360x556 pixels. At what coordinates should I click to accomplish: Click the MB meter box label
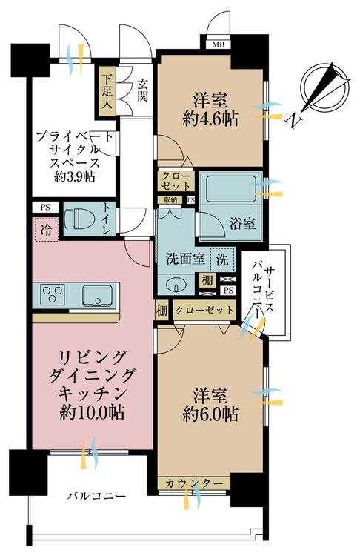point(219,45)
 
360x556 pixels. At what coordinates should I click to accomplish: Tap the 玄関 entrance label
point(142,90)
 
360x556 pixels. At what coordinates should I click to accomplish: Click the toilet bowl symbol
point(79,219)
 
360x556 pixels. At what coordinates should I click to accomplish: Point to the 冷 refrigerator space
point(47,230)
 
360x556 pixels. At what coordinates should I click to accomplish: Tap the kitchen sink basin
point(97,295)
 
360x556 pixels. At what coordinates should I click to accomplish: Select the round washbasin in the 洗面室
point(174,285)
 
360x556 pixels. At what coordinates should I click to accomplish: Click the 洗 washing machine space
point(222,260)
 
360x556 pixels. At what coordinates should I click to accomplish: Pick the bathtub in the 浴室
point(230,188)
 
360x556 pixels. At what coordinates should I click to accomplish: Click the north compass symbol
point(324,87)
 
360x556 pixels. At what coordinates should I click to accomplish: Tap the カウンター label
point(194,483)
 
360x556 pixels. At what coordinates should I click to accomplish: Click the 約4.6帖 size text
point(210,119)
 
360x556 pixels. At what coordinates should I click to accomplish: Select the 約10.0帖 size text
point(92,412)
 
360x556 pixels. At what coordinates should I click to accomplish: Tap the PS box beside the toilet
point(45,208)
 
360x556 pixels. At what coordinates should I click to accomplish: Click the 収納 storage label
point(170,199)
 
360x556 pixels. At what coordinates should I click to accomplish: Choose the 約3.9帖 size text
point(74,176)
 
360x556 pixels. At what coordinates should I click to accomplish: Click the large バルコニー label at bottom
point(97,495)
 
